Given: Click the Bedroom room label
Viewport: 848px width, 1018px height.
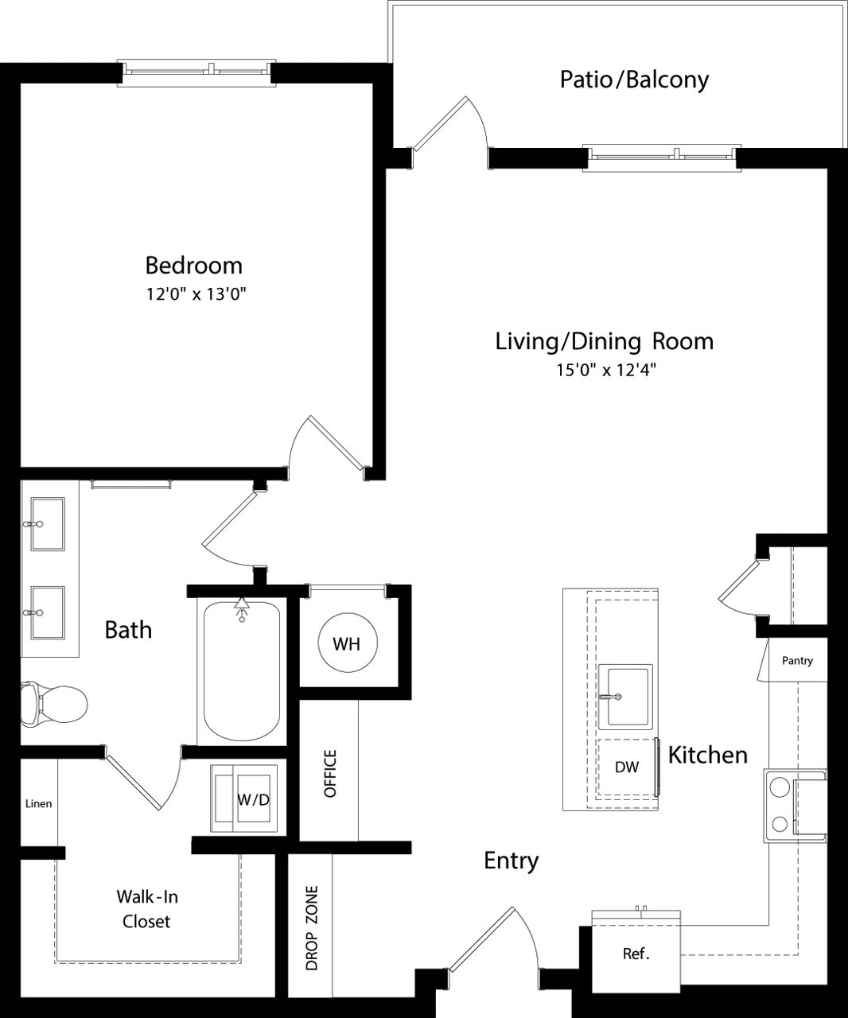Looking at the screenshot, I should tap(193, 264).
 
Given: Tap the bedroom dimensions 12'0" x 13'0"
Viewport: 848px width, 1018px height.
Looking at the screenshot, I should tap(193, 294).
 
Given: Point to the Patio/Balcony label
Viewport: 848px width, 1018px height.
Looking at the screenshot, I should tap(634, 80).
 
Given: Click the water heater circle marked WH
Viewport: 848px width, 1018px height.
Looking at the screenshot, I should tap(347, 643).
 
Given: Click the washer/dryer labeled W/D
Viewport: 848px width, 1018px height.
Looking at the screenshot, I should tap(244, 798).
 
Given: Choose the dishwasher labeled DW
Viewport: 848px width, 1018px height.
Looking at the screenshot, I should tap(627, 767).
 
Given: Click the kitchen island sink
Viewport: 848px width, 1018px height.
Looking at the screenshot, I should tap(624, 697).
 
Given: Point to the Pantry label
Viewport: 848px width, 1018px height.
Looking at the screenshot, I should tap(797, 660).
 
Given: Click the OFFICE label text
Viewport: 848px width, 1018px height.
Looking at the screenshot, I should tap(331, 773).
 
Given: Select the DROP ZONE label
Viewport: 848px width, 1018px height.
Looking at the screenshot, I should tap(312, 927).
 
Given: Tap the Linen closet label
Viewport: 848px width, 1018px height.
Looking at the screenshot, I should tap(38, 803).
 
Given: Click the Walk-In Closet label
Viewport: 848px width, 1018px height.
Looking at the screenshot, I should tap(147, 909).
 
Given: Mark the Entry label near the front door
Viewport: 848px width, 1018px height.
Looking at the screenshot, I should tap(512, 861).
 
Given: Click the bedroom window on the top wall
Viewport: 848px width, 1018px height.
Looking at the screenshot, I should tap(196, 72).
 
